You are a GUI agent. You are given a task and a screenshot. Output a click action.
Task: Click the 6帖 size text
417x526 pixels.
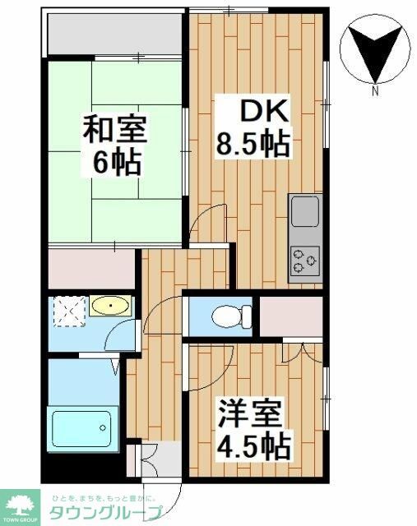(115, 161)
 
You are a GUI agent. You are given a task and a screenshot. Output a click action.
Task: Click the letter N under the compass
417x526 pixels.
(375, 92)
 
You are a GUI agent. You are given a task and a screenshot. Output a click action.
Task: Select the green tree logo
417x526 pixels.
(23, 503)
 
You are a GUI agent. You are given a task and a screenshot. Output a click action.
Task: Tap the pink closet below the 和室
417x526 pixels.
(90, 267)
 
